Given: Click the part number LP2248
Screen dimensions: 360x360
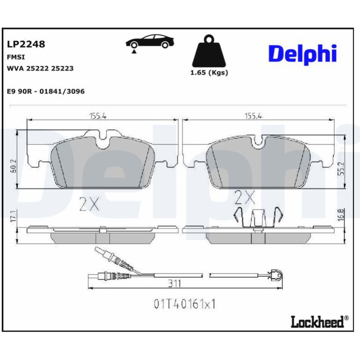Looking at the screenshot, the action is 26,44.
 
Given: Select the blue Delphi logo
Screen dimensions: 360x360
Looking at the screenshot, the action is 302,54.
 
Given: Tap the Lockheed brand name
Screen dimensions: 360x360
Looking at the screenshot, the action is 317,322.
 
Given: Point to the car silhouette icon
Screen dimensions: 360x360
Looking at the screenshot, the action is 150,42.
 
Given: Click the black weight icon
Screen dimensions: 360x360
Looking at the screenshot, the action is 209,51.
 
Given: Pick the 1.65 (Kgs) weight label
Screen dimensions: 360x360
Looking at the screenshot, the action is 209,73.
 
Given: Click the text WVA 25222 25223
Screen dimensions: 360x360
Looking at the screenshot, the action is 40,68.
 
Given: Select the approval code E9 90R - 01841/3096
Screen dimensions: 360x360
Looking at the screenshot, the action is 46,91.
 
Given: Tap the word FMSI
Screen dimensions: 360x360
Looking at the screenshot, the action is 16,57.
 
